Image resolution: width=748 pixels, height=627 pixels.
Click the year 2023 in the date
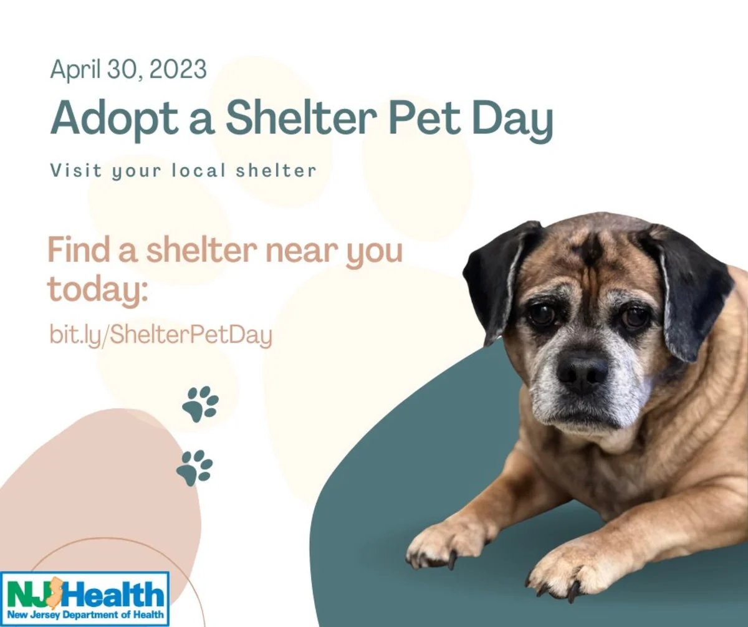[178, 69]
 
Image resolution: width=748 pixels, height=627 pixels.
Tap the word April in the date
[75, 70]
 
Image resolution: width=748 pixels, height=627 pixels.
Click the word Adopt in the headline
[114, 119]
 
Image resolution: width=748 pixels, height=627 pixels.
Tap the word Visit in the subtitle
[76, 170]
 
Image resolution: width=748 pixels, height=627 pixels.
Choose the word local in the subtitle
[198, 170]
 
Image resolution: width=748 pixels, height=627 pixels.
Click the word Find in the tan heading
[79, 249]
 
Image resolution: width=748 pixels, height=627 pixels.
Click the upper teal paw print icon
[200, 404]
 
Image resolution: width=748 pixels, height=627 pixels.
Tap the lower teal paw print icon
[194, 468]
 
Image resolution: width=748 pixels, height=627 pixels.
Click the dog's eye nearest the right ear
[635, 317]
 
